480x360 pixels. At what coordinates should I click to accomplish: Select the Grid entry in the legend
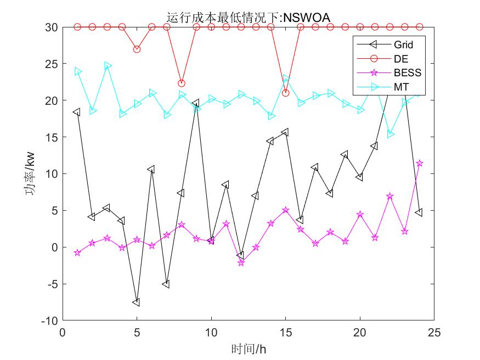pos(403,44)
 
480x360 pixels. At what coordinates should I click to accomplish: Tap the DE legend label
pos(400,58)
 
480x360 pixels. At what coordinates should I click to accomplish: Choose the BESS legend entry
pos(407,72)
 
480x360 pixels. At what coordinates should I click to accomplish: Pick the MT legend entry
pos(400,87)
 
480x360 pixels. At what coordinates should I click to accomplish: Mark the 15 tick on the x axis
pos(285,333)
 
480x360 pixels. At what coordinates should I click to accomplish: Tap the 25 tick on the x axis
pos(434,333)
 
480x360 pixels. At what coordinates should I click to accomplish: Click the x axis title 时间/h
pos(249,349)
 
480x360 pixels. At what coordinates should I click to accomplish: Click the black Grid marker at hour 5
pos(137,302)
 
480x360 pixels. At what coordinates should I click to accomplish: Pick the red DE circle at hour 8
pos(182,83)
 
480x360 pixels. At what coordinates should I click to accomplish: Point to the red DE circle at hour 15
pos(285,93)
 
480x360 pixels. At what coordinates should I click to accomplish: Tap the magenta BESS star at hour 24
pos(419,164)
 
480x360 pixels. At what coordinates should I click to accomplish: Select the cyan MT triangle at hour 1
pos(78,71)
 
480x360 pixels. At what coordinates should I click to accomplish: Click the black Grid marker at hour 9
pos(196,103)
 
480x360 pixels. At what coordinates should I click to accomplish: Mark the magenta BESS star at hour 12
pos(241,262)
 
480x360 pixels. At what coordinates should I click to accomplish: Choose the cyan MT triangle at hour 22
pos(390,134)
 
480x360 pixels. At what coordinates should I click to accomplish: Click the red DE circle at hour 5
pos(137,49)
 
